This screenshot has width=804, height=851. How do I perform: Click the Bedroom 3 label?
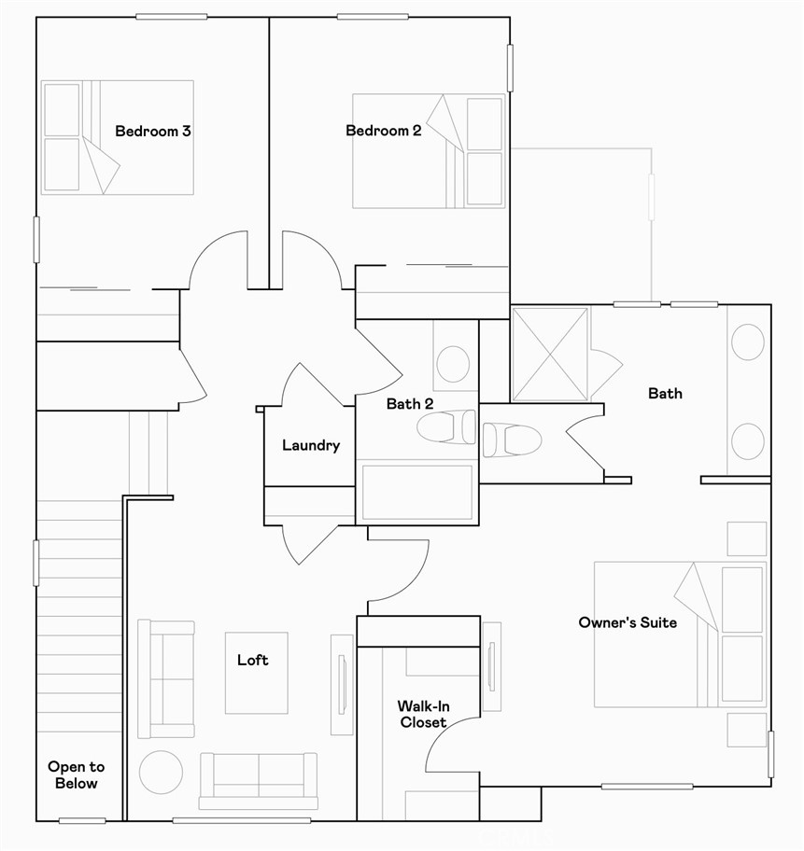(x=153, y=132)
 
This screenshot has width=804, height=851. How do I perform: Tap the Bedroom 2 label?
(x=383, y=131)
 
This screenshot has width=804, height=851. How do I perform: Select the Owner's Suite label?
(x=628, y=622)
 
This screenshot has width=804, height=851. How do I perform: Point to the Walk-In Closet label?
(x=423, y=715)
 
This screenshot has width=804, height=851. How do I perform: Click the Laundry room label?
(x=311, y=446)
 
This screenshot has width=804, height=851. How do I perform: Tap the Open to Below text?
(x=77, y=775)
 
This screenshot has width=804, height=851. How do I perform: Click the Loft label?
(x=252, y=661)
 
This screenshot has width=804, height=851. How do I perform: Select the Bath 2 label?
(x=410, y=404)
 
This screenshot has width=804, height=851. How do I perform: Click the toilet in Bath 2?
(x=446, y=428)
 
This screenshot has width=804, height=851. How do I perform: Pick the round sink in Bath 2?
(x=454, y=364)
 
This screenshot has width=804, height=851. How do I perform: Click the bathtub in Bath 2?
(x=416, y=492)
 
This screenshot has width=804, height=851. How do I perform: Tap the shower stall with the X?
(x=551, y=355)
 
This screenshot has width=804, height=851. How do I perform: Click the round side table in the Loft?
(x=161, y=772)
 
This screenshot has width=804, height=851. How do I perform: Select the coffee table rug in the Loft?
(x=256, y=673)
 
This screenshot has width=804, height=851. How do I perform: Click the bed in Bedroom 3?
(x=117, y=137)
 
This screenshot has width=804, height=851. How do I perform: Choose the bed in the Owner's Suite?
(x=679, y=634)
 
